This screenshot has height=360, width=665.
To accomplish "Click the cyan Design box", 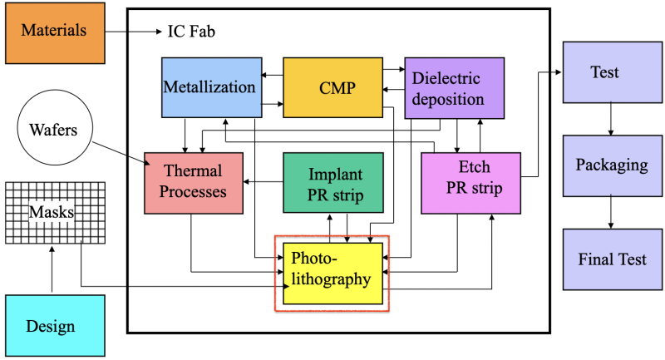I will click(54, 324).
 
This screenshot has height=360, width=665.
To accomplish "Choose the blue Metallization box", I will click(209, 87).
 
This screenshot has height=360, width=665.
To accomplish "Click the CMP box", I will click(332, 87).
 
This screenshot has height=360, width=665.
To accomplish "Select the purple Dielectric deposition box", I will click(454, 87).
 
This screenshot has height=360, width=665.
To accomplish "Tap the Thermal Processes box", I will click(193, 181).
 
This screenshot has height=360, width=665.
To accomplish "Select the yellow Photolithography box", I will click(332, 273).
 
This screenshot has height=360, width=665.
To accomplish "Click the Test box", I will click(604, 72).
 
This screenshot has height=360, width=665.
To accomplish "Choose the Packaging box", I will click(612, 165).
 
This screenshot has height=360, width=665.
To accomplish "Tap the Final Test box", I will click(612, 259).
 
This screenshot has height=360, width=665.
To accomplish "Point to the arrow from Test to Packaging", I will click(612, 118).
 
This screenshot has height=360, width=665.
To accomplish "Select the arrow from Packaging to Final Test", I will click(612, 212).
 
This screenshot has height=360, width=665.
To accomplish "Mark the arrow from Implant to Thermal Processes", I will click(263, 181).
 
